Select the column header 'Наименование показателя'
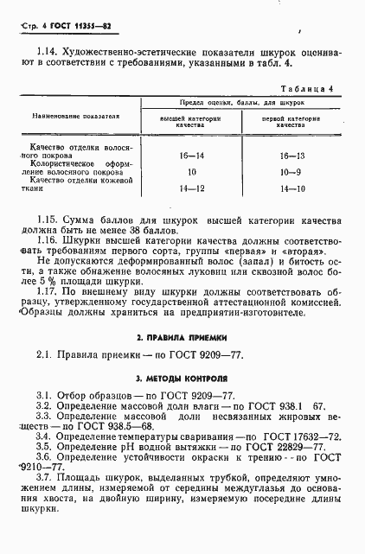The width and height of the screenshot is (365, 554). click(x=74, y=115)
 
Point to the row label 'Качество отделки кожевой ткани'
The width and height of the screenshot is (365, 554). click(x=74, y=184)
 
